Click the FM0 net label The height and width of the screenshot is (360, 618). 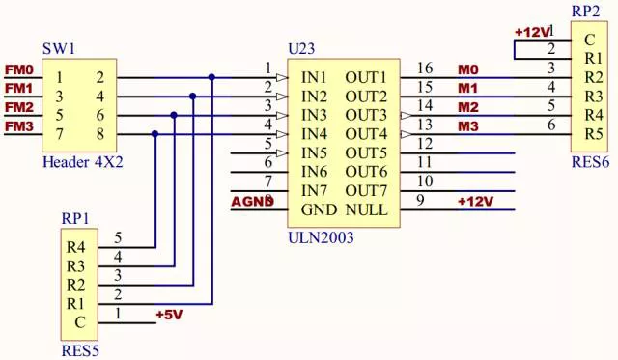point(19,69)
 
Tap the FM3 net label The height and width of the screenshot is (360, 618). point(19,126)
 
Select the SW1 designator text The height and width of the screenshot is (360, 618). point(59,49)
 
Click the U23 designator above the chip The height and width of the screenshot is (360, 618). point(301,49)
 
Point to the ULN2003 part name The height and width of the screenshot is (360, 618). point(321,237)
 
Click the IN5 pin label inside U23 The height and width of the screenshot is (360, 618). point(314,152)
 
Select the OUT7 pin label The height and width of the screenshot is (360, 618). point(366,191)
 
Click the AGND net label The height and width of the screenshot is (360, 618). point(252,202)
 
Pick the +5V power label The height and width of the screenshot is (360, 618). point(170,315)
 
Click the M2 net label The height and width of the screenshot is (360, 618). point(468,107)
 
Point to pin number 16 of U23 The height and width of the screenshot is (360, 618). point(425,68)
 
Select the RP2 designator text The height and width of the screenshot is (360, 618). point(586,12)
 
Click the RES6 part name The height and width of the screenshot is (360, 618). point(590,162)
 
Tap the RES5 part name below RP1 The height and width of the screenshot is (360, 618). point(80,350)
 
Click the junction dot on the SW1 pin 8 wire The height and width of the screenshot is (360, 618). point(154,134)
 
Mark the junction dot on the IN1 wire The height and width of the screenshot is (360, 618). point(212,77)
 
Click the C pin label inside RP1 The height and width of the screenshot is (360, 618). point(80,322)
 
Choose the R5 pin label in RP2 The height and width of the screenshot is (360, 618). point(594,134)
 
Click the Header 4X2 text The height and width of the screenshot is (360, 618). point(83,162)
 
